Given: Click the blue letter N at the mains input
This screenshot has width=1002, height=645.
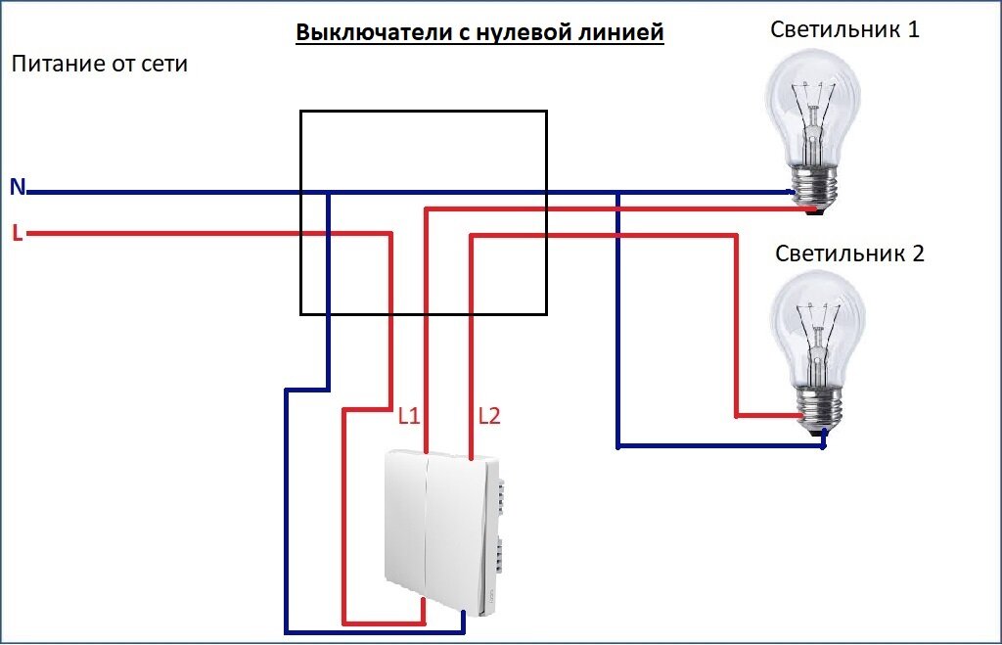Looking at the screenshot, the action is point(18,187).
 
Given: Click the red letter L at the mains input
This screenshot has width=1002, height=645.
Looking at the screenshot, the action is point(18,233).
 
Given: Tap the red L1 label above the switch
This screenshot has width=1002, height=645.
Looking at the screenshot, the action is point(408,416).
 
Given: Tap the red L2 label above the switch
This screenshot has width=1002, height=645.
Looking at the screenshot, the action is point(489,416).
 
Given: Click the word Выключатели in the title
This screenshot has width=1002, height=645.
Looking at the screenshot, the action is point(376,32).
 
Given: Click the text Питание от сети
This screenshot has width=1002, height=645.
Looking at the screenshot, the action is point(100,64).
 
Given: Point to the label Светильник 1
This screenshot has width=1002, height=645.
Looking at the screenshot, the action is point(844,28).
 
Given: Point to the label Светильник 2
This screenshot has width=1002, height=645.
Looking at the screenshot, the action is point(849,253).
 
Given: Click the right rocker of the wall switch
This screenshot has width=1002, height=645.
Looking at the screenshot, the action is point(456,531).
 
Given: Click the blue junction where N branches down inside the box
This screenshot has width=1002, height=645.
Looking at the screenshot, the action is point(329,193).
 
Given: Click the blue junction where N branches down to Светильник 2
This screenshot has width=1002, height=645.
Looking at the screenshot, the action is point(618,193).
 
